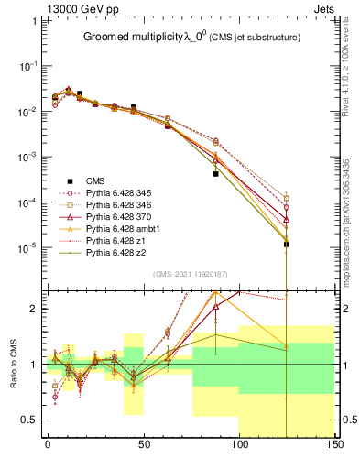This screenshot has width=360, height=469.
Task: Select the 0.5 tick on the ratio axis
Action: pyautogui.click(x=31, y=420)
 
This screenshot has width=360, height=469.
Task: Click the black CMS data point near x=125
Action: pyautogui.click(x=287, y=245)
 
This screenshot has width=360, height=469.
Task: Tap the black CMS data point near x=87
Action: pyautogui.click(x=215, y=173)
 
